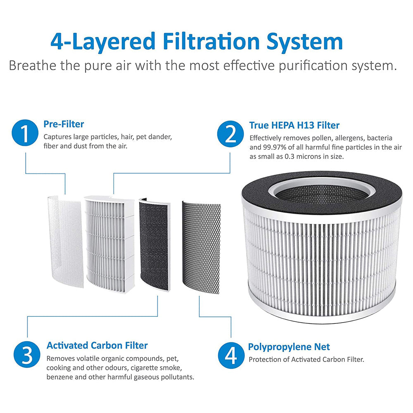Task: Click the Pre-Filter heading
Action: tap(64, 124)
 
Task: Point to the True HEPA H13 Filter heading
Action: tap(294, 125)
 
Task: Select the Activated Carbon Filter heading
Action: tap(97, 345)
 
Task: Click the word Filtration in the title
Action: tap(210, 41)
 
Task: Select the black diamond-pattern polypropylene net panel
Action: tap(201, 244)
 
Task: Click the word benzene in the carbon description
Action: tap(61, 377)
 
